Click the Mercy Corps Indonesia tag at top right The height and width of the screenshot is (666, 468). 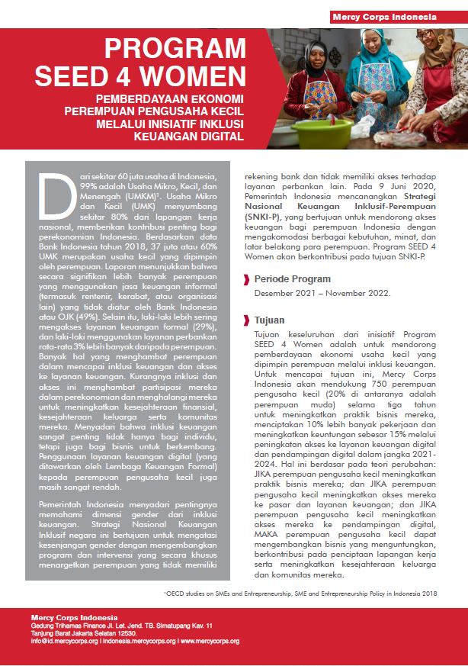[394, 17]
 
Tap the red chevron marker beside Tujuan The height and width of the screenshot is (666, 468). [247, 320]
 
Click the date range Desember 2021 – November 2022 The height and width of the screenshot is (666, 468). [322, 293]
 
